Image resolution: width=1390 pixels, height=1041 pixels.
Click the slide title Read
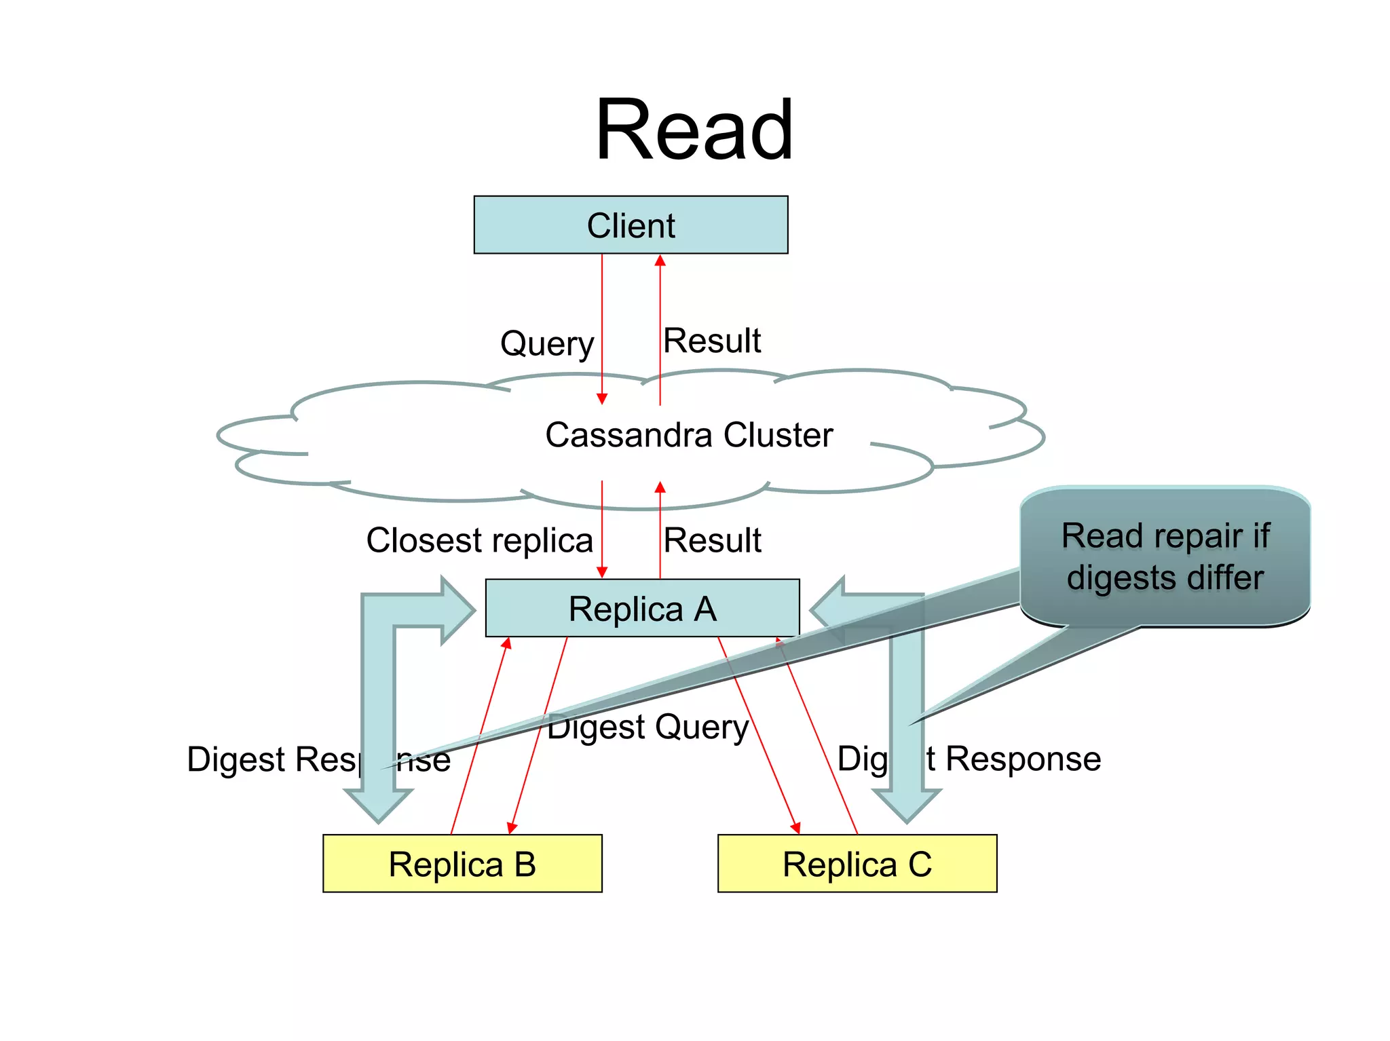coord(694,130)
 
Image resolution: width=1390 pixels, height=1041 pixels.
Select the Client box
coord(631,225)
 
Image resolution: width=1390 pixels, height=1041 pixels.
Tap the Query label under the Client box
coord(547,343)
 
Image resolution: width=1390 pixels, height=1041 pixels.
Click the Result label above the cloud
coord(712,341)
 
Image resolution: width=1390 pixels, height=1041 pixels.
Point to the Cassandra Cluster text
coord(689,435)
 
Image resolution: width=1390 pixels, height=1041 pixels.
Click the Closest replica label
coord(480,541)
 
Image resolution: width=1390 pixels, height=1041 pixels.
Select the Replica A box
coord(642,608)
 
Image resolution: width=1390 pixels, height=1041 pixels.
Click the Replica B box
coord(462,864)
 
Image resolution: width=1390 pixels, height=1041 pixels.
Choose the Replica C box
coord(857,864)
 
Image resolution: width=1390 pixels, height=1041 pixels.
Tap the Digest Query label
coord(648,727)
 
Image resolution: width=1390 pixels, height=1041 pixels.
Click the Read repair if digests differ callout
coord(1165,556)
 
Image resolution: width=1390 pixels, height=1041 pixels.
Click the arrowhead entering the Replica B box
coord(512,828)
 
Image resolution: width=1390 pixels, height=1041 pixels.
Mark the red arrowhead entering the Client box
coord(660,261)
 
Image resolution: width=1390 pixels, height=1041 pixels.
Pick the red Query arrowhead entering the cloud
coord(602,398)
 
